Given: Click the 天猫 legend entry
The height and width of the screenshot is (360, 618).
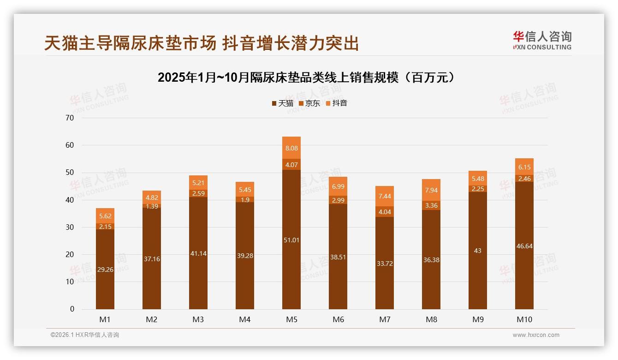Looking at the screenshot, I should pyautogui.click(x=282, y=103).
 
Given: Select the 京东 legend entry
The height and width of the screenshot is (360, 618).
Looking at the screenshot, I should pyautogui.click(x=309, y=103).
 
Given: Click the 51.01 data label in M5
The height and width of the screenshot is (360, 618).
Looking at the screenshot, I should pyautogui.click(x=291, y=240).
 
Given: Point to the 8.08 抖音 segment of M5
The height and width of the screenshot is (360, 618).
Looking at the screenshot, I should pyautogui.click(x=291, y=148).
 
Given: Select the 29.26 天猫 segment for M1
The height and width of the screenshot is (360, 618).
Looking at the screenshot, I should pyautogui.click(x=105, y=270).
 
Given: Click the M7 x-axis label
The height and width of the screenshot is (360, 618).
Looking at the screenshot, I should pyautogui.click(x=385, y=319).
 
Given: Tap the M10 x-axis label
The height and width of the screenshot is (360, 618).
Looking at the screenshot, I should pyautogui.click(x=524, y=319).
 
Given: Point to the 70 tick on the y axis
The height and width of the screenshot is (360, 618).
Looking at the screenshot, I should pyautogui.click(x=70, y=118).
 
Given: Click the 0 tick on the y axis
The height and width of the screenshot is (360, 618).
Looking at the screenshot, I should pyautogui.click(x=72, y=309).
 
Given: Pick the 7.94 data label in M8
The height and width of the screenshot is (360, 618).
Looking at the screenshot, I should pyautogui.click(x=431, y=190).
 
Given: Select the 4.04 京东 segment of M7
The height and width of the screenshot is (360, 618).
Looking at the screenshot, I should pyautogui.click(x=385, y=212).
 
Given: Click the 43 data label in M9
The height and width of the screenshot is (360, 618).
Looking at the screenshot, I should pyautogui.click(x=477, y=251).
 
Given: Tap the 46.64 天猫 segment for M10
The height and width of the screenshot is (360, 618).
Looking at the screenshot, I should pyautogui.click(x=524, y=246).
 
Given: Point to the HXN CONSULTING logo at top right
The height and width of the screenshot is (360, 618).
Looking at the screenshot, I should pyautogui.click(x=542, y=41).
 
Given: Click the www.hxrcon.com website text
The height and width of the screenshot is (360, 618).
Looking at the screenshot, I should pyautogui.click(x=536, y=335).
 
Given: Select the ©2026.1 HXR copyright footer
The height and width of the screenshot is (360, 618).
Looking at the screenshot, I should pyautogui.click(x=85, y=335).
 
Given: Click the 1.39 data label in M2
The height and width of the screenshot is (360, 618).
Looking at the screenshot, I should pyautogui.click(x=151, y=206).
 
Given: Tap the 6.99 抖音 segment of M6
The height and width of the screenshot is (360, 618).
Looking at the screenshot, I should pyautogui.click(x=338, y=186).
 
